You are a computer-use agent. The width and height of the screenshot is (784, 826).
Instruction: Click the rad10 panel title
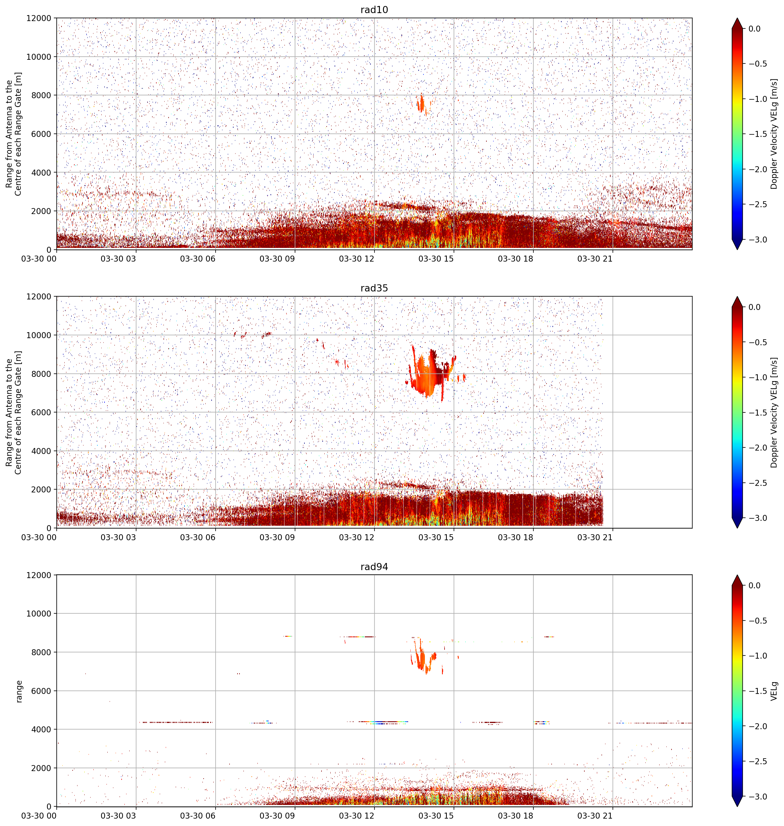click(x=374, y=10)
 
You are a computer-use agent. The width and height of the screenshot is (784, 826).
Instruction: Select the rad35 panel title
click(x=374, y=288)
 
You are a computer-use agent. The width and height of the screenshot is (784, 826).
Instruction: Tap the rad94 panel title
click(x=374, y=567)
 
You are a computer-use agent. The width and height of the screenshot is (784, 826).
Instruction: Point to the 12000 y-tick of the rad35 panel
click(x=39, y=297)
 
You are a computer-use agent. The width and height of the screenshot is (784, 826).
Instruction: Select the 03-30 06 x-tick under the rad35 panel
click(x=197, y=537)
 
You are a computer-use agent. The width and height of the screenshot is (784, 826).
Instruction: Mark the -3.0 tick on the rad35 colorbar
click(x=757, y=518)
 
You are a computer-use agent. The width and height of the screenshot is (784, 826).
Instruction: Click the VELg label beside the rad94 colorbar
click(x=774, y=691)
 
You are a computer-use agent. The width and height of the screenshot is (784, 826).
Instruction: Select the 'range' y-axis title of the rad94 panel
click(x=19, y=691)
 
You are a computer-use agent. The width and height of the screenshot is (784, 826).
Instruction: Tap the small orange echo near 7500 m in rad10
click(x=421, y=104)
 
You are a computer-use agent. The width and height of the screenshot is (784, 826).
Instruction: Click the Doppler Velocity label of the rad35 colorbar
click(x=774, y=412)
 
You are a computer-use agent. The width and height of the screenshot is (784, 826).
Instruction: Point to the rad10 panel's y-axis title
click(x=14, y=133)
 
